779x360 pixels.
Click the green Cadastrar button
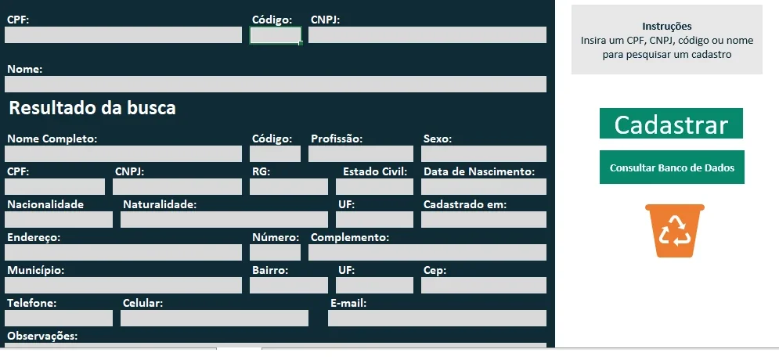point(671,123)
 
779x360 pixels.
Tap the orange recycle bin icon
point(675,231)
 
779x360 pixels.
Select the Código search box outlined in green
point(276,35)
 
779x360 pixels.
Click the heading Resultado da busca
point(92,108)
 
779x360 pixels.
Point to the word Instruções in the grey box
point(667,27)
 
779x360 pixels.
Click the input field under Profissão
point(361,154)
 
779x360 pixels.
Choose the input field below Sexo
point(484,154)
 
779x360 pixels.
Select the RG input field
point(289,187)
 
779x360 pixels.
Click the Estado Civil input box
point(374,187)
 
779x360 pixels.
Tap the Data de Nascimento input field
point(484,187)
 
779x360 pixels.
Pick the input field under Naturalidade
point(224,219)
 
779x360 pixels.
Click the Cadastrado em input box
point(484,219)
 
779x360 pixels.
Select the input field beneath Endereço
point(123,252)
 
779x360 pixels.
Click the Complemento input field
point(427,252)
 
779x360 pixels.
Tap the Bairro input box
point(289,285)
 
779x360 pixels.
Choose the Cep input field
point(484,285)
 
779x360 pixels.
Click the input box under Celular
point(214,319)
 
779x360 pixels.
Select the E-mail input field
point(437,319)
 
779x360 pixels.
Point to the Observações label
point(42,337)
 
